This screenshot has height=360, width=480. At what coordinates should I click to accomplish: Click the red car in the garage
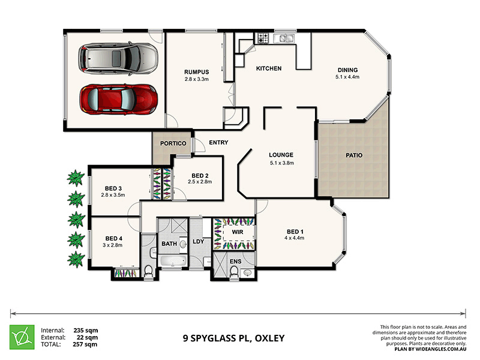pos(118,98)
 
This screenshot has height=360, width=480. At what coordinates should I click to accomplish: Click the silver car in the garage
pos(118,58)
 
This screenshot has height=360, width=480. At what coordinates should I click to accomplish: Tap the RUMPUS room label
pos(196,71)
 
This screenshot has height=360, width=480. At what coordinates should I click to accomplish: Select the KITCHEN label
pos(268,68)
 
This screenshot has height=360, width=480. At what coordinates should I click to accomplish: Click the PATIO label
pos(354,155)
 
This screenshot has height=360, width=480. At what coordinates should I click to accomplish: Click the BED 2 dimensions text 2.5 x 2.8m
pos(200,181)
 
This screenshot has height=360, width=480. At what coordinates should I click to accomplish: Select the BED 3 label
pos(113,188)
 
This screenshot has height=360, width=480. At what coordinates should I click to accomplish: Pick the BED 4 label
pos(113,238)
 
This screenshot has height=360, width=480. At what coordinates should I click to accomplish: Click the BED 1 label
pos(295,231)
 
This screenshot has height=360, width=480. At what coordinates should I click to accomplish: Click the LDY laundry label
pos(199,242)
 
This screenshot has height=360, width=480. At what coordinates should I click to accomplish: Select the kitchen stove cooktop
pos(262,38)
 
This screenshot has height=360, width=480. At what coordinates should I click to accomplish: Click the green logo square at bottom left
pos(22,337)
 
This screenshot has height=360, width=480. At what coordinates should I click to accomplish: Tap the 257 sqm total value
pos(85,344)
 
